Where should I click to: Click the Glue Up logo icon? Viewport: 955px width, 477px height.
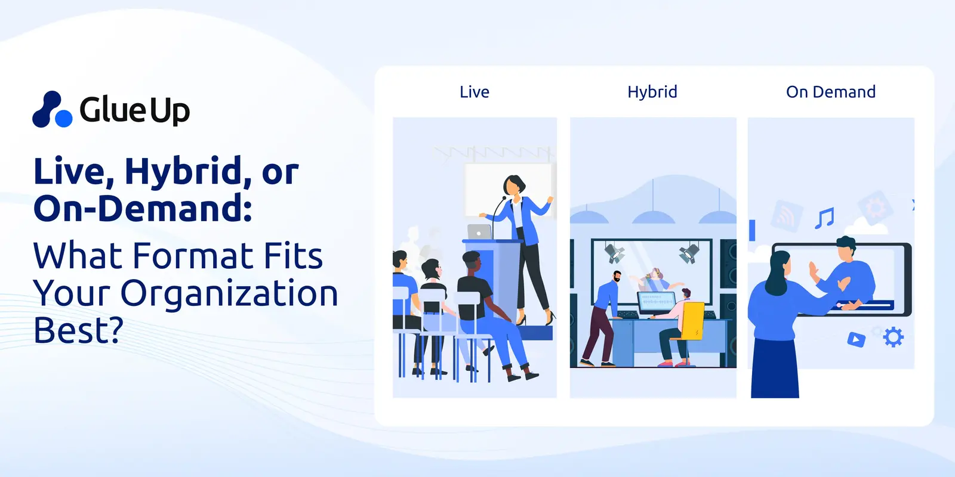[53, 110]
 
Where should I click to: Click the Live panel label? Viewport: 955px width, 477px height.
[475, 92]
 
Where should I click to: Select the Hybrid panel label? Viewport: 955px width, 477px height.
[652, 92]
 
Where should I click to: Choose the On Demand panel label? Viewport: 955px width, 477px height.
[831, 92]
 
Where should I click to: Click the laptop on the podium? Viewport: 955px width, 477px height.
[479, 231]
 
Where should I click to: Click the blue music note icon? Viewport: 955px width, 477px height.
[824, 218]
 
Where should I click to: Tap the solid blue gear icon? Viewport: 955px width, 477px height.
[893, 337]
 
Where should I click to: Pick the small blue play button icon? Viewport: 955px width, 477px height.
[857, 340]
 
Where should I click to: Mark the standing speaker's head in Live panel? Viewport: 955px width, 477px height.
[513, 184]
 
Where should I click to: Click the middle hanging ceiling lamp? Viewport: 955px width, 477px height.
[653, 217]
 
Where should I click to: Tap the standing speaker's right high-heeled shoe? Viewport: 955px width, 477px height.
[550, 318]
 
